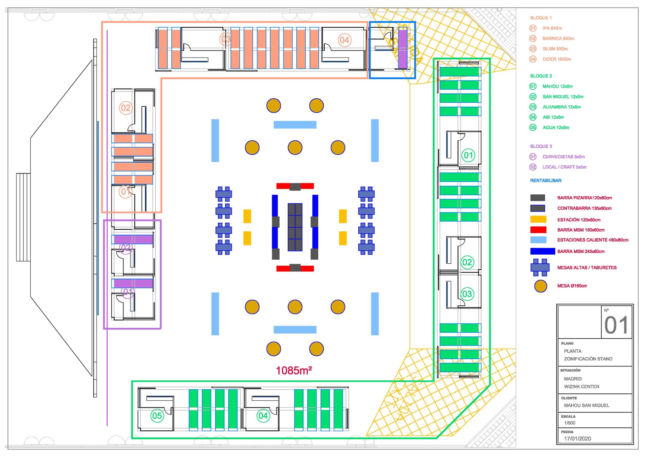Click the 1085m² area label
(x=294, y=370)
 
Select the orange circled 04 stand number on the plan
(x=344, y=40)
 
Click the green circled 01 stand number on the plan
(x=468, y=155)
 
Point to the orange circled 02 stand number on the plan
(x=125, y=108)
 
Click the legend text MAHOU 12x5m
(x=557, y=87)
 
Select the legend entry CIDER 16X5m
(x=557, y=59)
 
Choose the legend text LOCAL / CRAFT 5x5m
(x=564, y=167)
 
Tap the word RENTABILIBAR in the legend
(x=545, y=181)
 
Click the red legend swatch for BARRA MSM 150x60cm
(x=538, y=230)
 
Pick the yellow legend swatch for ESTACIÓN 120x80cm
(x=538, y=220)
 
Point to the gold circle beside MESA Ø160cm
(x=540, y=286)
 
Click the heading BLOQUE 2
(x=541, y=76)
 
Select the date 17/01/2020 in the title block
(x=577, y=438)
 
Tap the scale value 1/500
(x=570, y=423)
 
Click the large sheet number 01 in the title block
(x=616, y=325)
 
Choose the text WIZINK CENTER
(x=581, y=387)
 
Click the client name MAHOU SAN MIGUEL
(x=586, y=405)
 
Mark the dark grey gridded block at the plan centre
(x=295, y=227)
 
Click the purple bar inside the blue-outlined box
(x=402, y=49)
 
